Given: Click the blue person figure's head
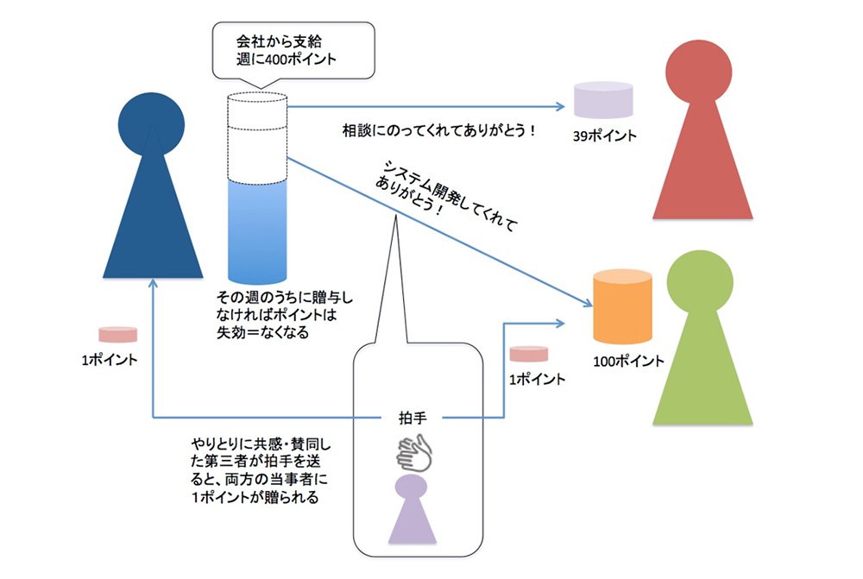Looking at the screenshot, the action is coord(151,125).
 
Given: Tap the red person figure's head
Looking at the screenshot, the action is coord(698,72).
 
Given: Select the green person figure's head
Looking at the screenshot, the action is coord(700,283).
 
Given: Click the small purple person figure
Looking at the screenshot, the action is coord(412,509).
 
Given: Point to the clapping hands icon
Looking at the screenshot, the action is coord(414,452).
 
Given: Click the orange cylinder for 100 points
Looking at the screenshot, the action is coord(622,306).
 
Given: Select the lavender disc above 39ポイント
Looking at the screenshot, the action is coord(603,100).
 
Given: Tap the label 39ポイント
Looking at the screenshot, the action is coord(604,135).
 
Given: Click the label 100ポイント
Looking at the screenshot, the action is coord(628,361).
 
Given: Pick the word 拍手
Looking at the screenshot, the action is coord(413,419).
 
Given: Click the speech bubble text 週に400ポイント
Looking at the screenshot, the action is coord(287,60).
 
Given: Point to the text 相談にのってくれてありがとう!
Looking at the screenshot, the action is coord(438,131).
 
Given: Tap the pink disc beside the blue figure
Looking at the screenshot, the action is coord(117,335).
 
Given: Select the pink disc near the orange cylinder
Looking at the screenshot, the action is coord(528,354).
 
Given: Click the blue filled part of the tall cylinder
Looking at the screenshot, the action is coord(257,232).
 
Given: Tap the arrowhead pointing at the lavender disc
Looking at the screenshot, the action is coord(560,106).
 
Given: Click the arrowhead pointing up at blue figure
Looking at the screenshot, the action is coord(153,282).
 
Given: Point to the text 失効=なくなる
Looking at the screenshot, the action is coord(262,332).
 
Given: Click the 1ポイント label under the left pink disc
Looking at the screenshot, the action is coord(110,360).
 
